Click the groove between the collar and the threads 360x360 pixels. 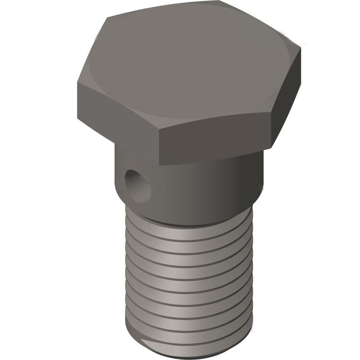click(189, 223)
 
